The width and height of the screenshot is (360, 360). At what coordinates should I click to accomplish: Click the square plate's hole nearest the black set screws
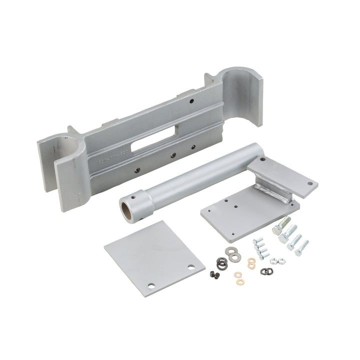coord(190,267)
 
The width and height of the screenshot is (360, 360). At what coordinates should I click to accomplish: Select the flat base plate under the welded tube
coord(240,212)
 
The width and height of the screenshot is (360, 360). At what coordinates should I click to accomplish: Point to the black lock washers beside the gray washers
coord(221,262)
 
